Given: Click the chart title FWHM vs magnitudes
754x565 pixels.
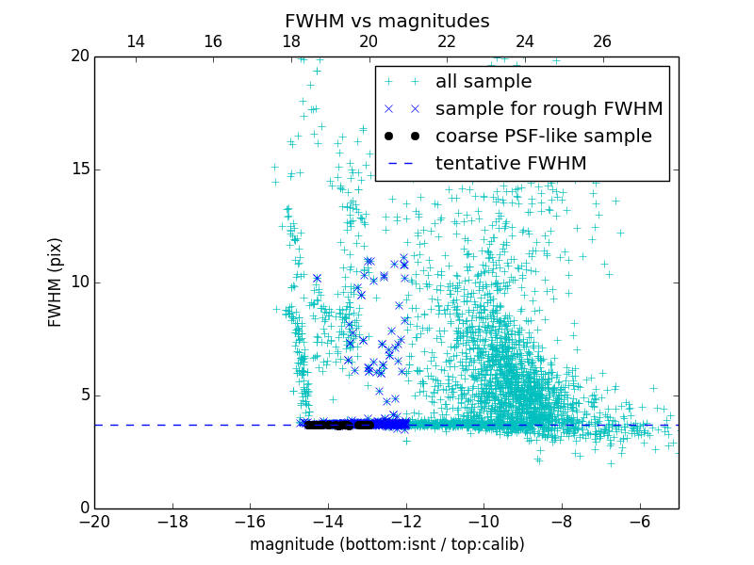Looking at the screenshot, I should click(x=386, y=21).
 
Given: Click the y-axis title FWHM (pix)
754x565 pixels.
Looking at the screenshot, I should click(x=56, y=282).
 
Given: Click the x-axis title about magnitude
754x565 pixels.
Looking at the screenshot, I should click(x=386, y=544).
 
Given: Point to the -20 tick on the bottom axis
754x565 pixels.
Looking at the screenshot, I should click(x=94, y=521).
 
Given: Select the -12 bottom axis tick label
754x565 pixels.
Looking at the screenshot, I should click(x=405, y=521).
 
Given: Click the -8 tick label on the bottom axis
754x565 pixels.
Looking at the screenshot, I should click(x=561, y=521).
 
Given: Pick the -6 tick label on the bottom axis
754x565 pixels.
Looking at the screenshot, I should click(x=639, y=521).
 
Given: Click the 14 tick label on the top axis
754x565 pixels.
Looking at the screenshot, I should click(x=135, y=41).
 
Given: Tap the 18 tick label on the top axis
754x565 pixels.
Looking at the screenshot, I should click(x=290, y=41).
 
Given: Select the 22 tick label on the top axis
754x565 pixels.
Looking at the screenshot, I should click(x=447, y=41).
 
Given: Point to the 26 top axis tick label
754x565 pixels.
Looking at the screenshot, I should click(x=602, y=41).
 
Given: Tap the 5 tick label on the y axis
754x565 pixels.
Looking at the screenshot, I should click(x=83, y=395).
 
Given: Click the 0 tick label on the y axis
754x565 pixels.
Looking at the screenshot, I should click(x=83, y=508).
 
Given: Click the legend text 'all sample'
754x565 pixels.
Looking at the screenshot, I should click(x=484, y=82).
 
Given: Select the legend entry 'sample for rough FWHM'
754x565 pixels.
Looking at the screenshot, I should click(x=549, y=109).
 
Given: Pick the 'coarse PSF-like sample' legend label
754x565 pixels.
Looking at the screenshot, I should click(x=543, y=137).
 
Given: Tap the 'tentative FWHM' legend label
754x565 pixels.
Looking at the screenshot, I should click(x=511, y=164).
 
